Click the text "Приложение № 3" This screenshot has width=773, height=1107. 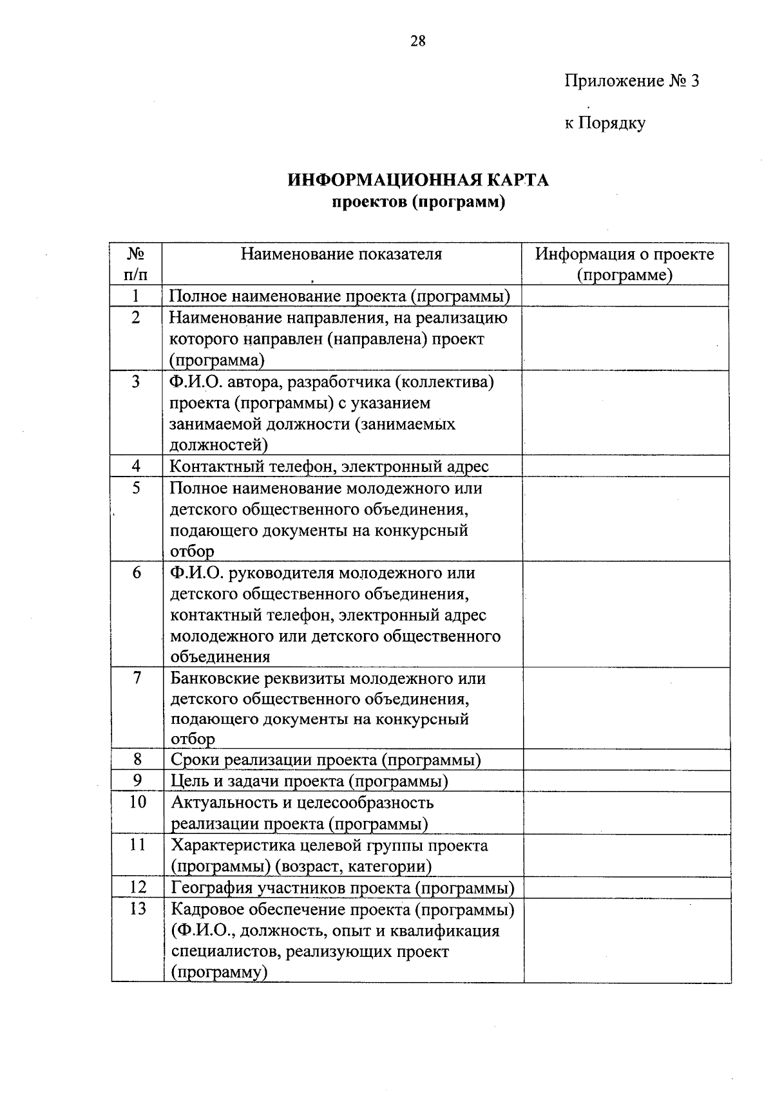pos(631,81)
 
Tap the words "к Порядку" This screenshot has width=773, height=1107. pos(605,123)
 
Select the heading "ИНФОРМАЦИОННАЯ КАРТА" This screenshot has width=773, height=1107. pos(418,180)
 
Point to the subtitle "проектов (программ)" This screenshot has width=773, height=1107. pos(418,202)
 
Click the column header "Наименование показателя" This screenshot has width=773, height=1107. pos(341,254)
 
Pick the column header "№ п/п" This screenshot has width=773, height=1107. pos(136,264)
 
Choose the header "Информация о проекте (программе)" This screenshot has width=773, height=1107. pos(625,264)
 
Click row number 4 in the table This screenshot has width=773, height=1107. pos(136,466)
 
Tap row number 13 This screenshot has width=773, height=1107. pos(137,909)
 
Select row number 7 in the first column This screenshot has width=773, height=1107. pos(137,678)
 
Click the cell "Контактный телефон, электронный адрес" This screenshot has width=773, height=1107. pos(329,466)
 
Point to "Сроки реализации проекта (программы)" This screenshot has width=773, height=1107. pos(326,760)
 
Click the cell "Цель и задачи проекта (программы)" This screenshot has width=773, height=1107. pos(309,781)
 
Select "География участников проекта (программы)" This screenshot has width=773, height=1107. pos(342,888)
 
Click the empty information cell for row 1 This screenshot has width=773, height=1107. pos(625,296)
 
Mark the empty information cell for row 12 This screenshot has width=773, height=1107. pos(627,888)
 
